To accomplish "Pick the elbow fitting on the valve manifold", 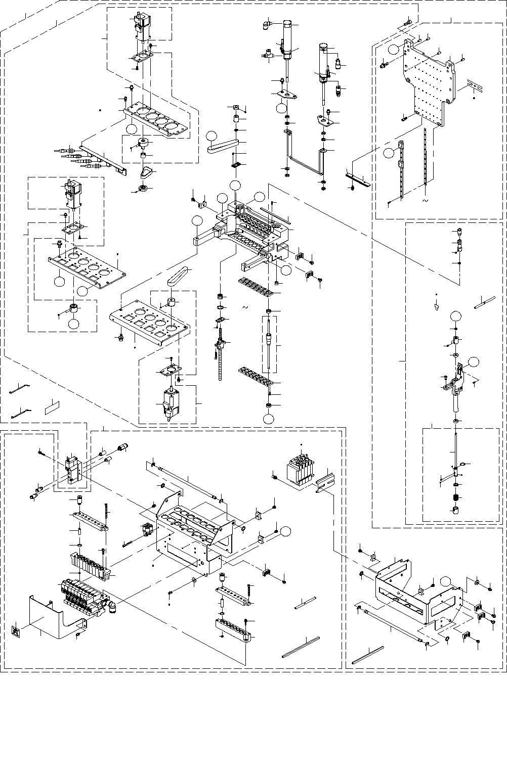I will coord(110,604).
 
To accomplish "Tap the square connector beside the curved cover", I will coord(16,632).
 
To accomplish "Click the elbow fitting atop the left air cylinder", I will coord(267,22).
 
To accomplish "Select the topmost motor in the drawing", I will coord(141,25).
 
